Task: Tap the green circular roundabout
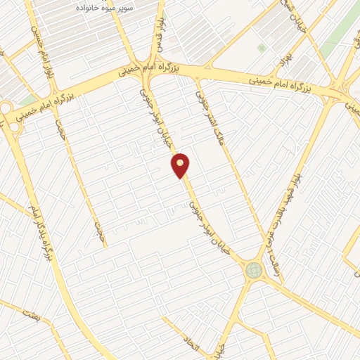(253, 269)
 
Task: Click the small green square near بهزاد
(262, 48)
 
